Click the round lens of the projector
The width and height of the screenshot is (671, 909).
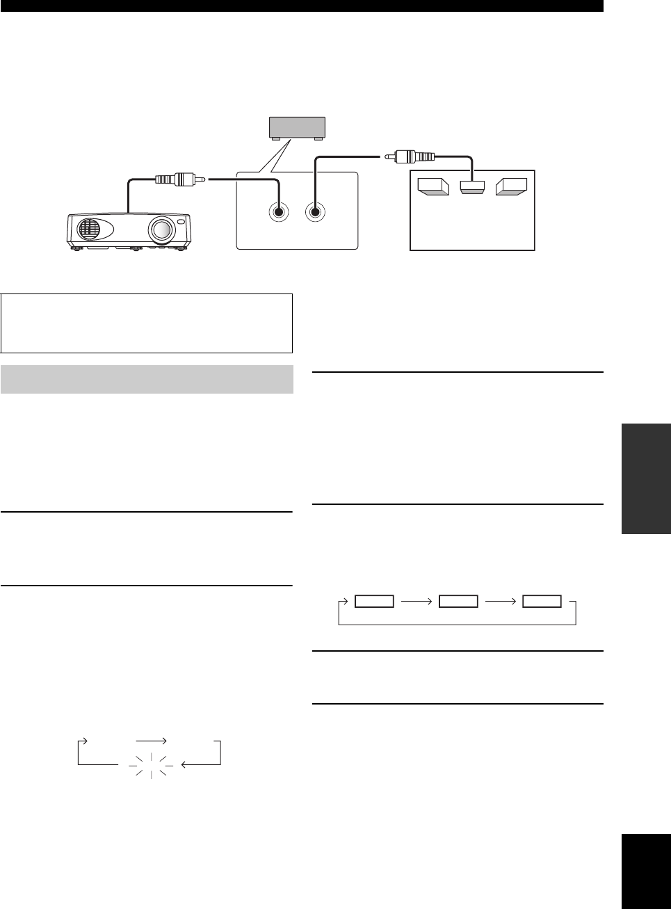tap(161, 230)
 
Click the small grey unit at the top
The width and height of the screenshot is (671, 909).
tap(297, 127)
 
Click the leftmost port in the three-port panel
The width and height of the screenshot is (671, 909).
tap(432, 187)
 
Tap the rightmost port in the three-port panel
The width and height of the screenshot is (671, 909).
tap(512, 187)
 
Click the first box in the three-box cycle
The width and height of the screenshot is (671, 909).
tap(374, 602)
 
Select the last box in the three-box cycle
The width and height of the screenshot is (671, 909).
tap(542, 602)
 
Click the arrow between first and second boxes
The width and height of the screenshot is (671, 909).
tap(417, 602)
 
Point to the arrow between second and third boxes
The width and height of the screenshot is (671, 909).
tap(501, 602)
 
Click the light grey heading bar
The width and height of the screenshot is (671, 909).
tap(147, 379)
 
